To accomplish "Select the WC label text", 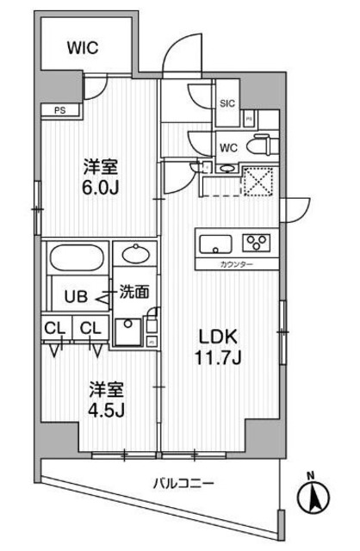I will (227, 146).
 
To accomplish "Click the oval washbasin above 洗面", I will (135, 254).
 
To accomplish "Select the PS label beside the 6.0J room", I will (59, 109).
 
